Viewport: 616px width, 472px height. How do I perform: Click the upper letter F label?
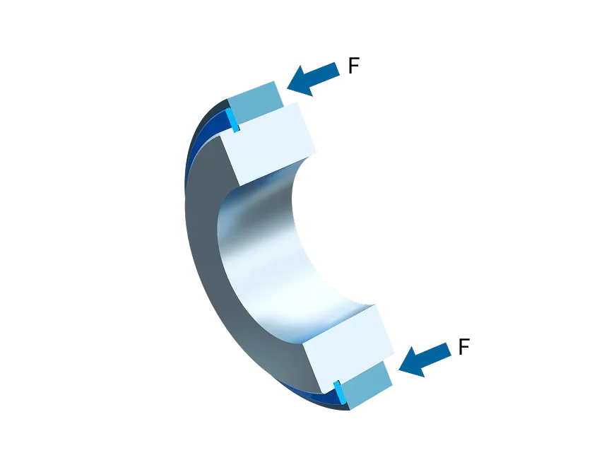(354, 66)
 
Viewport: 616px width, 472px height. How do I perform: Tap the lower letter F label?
(464, 347)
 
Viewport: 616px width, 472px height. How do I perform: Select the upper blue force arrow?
(314, 80)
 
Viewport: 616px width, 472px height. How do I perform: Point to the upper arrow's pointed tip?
(288, 89)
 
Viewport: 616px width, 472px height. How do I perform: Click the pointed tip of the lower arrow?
(398, 370)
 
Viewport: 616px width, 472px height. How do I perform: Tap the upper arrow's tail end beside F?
(338, 69)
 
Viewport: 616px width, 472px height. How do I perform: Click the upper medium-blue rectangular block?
(255, 102)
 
